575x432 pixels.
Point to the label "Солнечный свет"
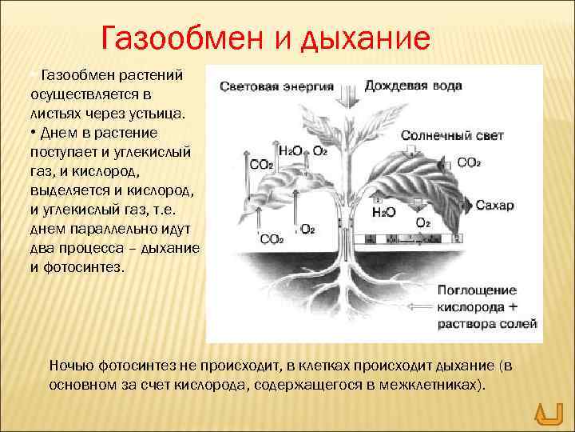click(444, 136)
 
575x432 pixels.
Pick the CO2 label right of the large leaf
click(469, 162)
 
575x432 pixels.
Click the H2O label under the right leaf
click(384, 213)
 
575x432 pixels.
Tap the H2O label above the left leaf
click(289, 150)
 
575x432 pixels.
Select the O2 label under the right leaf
click(423, 222)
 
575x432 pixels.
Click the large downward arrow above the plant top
click(347, 95)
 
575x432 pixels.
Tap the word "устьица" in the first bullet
click(160, 114)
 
